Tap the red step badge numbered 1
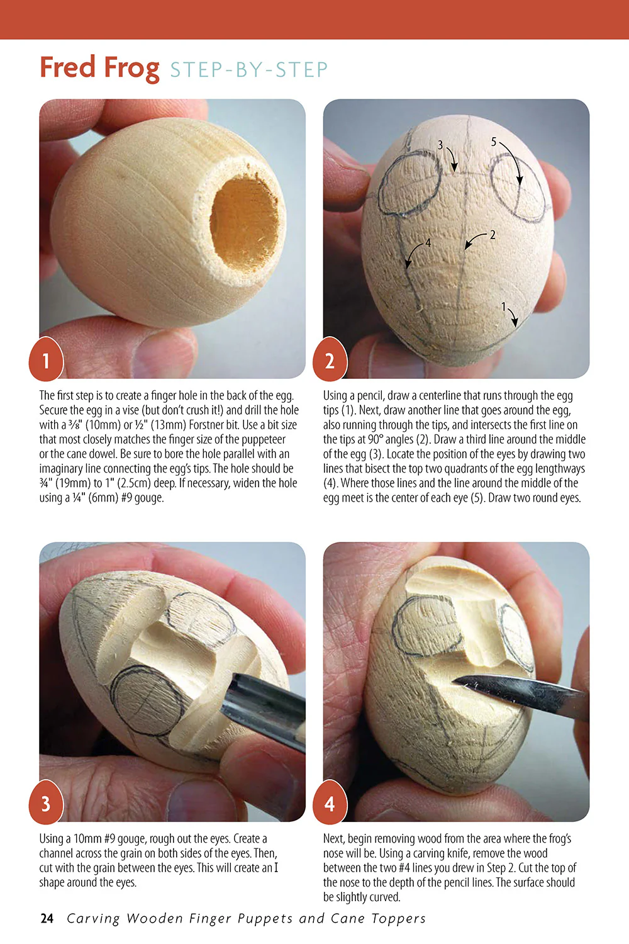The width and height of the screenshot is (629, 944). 46,361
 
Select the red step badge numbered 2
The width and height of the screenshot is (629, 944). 330,361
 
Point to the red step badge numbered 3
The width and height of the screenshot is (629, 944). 46,804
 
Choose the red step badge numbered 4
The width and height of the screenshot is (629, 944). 330,804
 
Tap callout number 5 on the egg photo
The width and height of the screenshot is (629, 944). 494,142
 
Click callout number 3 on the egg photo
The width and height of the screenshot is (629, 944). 440,145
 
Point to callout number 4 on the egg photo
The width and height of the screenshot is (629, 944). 428,243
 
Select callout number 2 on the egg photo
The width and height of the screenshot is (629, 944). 493,235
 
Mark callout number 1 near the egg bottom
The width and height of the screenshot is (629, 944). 503,307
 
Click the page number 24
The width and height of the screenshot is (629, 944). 47,918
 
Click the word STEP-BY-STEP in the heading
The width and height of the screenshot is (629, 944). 248,70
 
